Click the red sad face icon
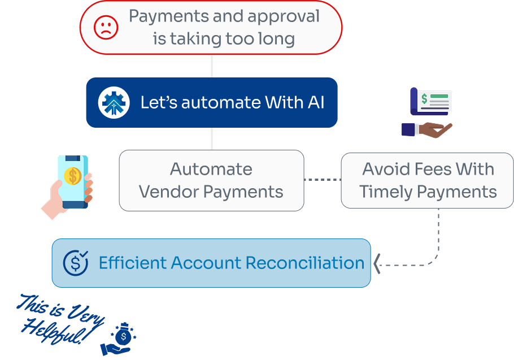pyautogui.click(x=106, y=27)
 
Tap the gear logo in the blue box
pyautogui.click(x=114, y=103)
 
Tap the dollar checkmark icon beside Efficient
pyautogui.click(x=76, y=263)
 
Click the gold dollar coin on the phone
pyautogui.click(x=73, y=176)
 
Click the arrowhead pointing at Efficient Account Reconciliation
pyautogui.click(x=377, y=264)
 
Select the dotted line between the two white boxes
pyautogui.click(x=322, y=180)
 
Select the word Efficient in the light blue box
pyautogui.click(x=133, y=263)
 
